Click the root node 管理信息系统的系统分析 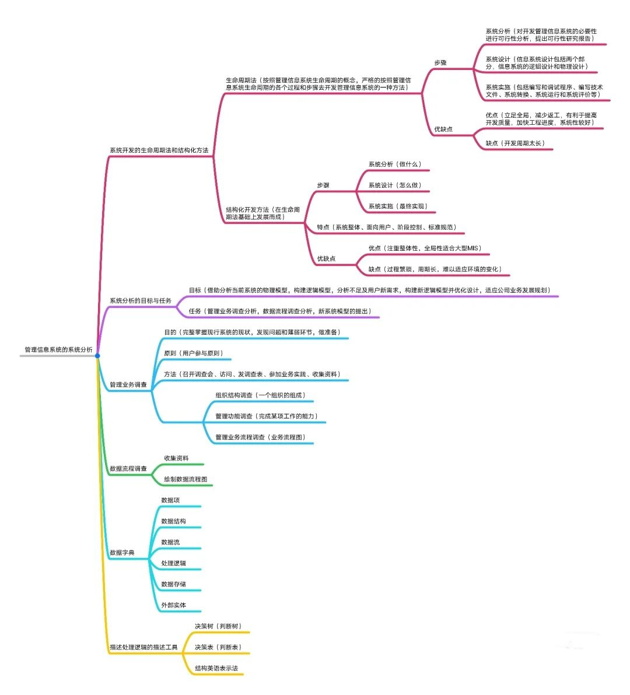tap(58, 350)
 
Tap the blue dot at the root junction tap(97, 356)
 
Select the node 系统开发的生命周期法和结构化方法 tap(159, 150)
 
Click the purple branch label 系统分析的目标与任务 tap(141, 301)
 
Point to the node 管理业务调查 tap(128, 385)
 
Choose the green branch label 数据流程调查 tap(128, 469)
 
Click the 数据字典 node tap(122, 553)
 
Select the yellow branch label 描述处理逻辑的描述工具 tap(143, 647)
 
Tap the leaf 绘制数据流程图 tap(185, 479)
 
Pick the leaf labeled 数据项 tap(170, 500)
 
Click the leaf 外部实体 tap(173, 605)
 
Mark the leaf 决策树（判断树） tap(218, 626)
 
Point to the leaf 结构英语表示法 tap(216, 668)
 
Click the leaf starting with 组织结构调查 tap(260, 395)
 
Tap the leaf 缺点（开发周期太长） tap(515, 143)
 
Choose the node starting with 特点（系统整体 tap(387, 227)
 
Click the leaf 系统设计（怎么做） tap(394, 185)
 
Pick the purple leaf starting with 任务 tap(280, 311)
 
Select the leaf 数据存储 tap(173, 584)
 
